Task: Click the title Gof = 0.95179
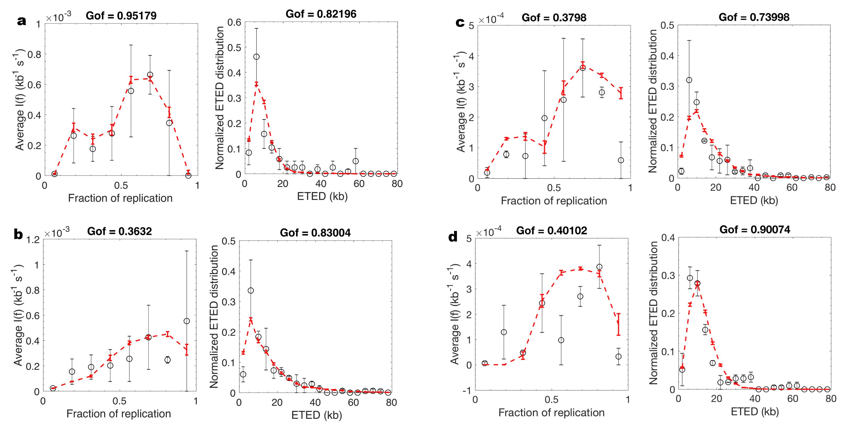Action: click(x=121, y=15)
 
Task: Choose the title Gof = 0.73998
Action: click(x=754, y=17)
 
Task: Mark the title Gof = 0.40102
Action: click(x=552, y=231)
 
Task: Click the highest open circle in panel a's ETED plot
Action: click(x=257, y=57)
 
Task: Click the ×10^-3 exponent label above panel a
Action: click(x=58, y=17)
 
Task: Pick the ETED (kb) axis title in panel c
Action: click(x=754, y=200)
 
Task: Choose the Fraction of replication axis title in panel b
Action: click(x=119, y=413)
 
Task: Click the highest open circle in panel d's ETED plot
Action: click(x=690, y=278)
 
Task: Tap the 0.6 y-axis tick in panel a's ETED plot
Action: click(x=235, y=22)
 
